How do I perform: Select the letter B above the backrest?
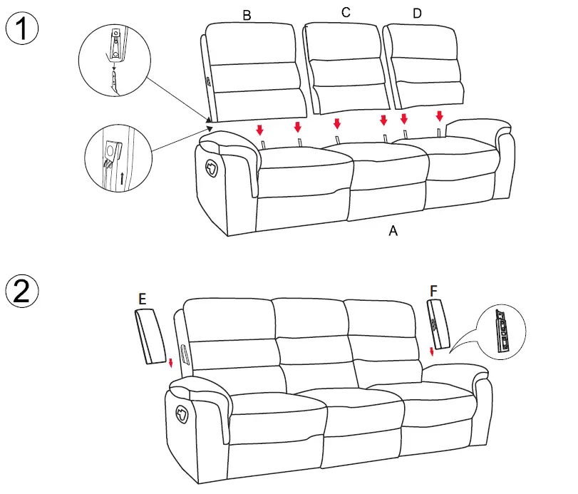[247, 15]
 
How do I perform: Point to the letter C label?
[346, 12]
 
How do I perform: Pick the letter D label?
[416, 13]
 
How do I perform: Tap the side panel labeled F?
[438, 325]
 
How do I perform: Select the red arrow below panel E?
[171, 363]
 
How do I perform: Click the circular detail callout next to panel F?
[501, 333]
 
